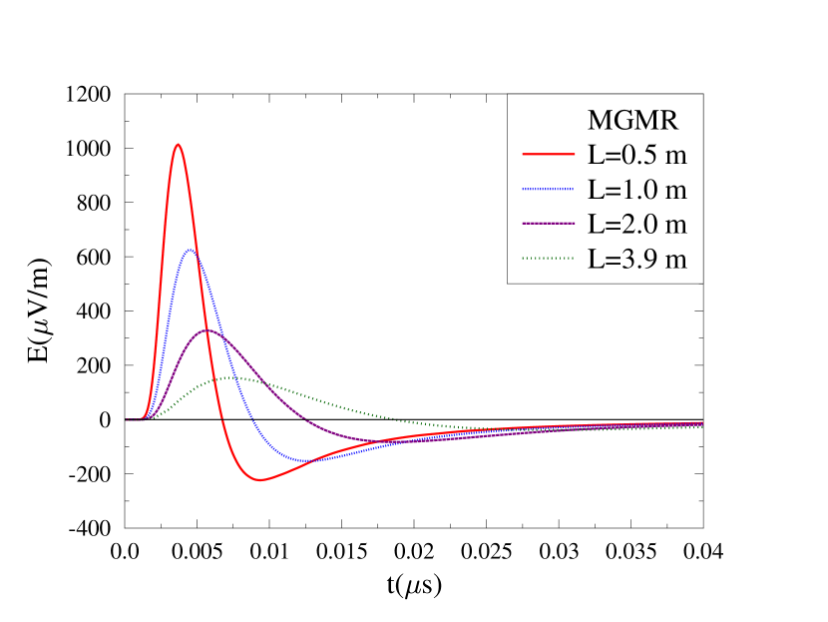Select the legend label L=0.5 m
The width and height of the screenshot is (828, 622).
(637, 155)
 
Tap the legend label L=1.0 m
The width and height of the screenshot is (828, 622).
(637, 189)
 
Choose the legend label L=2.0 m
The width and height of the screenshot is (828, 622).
(637, 223)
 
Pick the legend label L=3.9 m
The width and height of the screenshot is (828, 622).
(637, 258)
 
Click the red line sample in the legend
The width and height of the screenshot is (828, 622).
(548, 155)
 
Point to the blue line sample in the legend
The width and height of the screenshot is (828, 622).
(548, 189)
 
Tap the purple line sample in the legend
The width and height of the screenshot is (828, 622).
(548, 223)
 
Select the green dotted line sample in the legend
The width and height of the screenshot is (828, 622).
(548, 258)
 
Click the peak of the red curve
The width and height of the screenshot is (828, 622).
(178, 144)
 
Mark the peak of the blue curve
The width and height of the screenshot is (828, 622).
(190, 250)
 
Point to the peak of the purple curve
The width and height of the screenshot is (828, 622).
(207, 329)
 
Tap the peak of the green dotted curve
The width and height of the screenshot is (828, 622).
(231, 377)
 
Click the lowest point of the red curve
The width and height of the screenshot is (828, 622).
(261, 480)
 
